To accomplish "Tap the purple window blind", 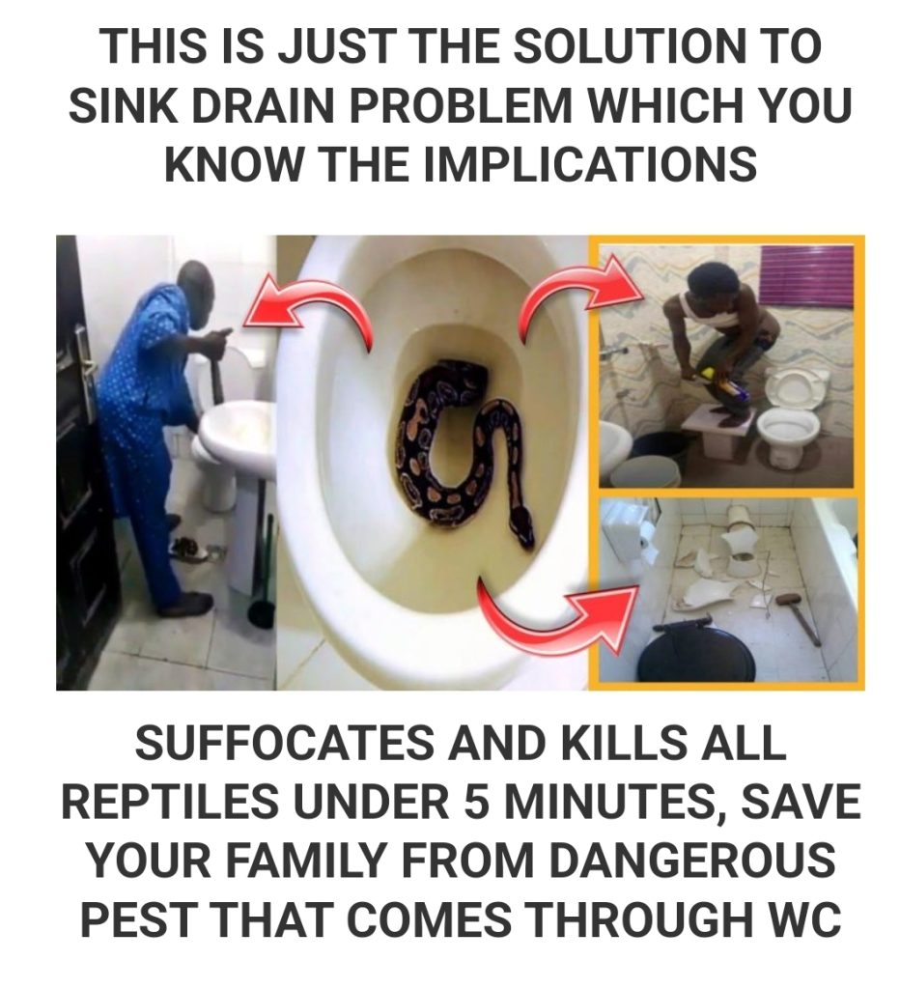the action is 807,274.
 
